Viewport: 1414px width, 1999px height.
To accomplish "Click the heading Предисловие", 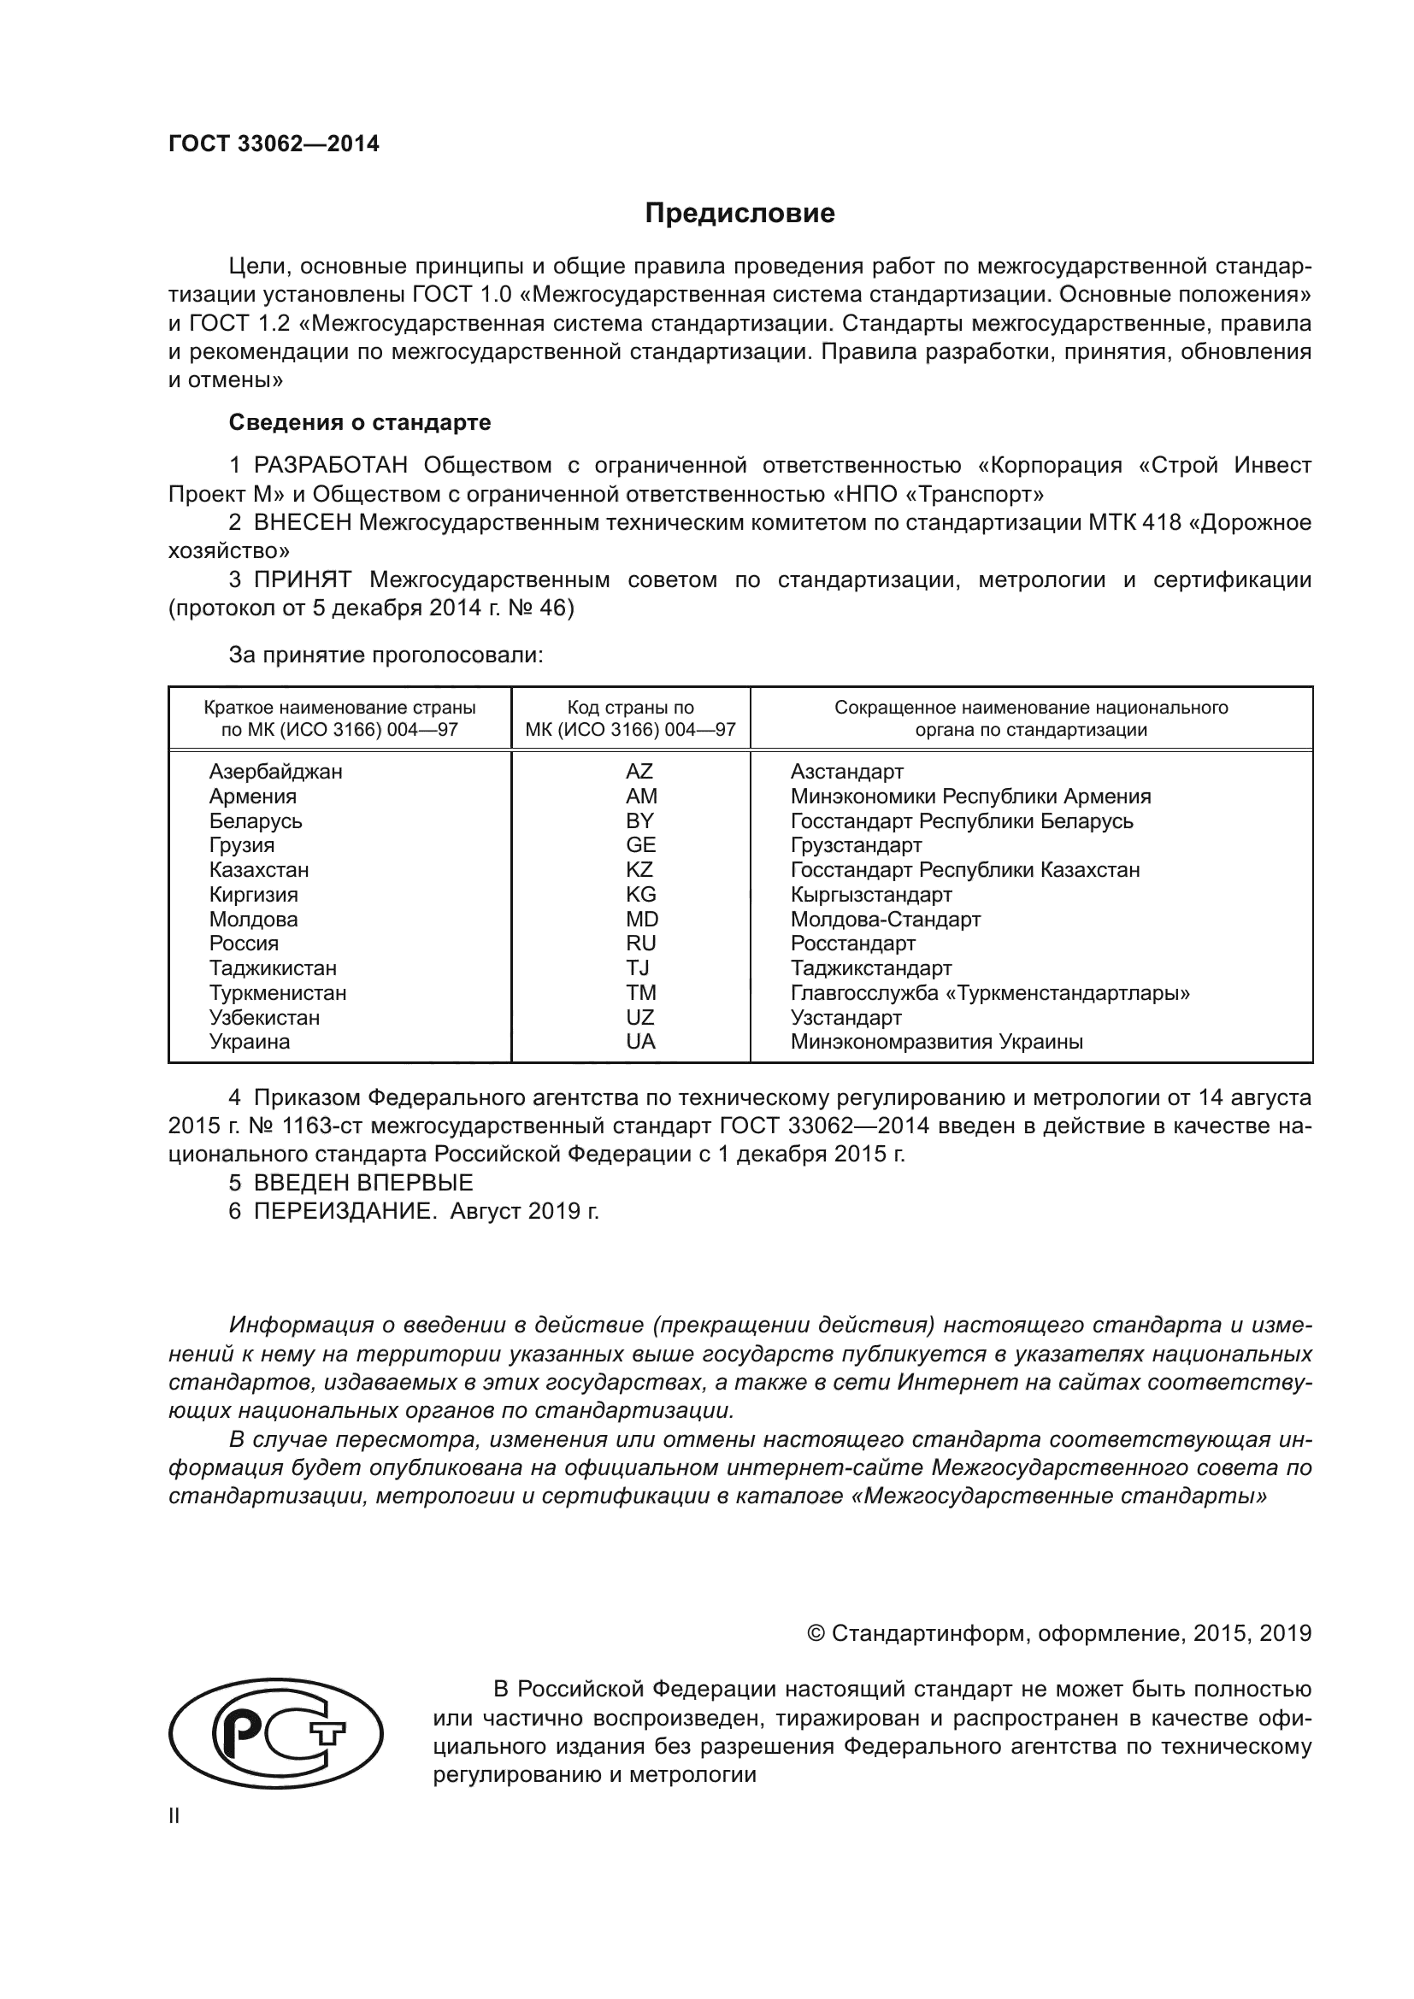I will coord(739,214).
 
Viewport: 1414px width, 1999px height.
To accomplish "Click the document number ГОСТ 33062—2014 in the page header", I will coord(274,144).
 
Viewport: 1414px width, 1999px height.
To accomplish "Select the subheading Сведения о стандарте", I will coord(360,422).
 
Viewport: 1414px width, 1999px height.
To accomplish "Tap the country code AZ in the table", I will coord(639,772).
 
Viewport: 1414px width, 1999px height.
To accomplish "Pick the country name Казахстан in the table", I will coord(258,870).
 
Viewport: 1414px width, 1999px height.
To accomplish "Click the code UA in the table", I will coord(640,1041).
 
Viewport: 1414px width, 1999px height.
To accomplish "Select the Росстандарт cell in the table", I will coord(852,943).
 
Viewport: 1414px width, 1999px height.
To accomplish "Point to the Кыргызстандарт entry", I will coord(870,894).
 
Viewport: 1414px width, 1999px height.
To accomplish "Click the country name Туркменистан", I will coord(277,992).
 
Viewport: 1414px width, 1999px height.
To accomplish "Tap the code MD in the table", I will coord(642,920).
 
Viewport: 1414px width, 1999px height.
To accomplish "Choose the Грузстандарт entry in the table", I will coord(855,845).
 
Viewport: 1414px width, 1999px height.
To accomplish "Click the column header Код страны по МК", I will coord(630,718).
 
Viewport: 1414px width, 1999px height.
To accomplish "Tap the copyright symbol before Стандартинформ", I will coord(816,1633).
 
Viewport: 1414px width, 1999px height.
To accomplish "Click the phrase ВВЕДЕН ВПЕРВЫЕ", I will coord(363,1182).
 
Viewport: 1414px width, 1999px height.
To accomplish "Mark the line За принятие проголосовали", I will coord(386,655).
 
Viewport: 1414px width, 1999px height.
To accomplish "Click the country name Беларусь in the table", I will coord(255,821).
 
